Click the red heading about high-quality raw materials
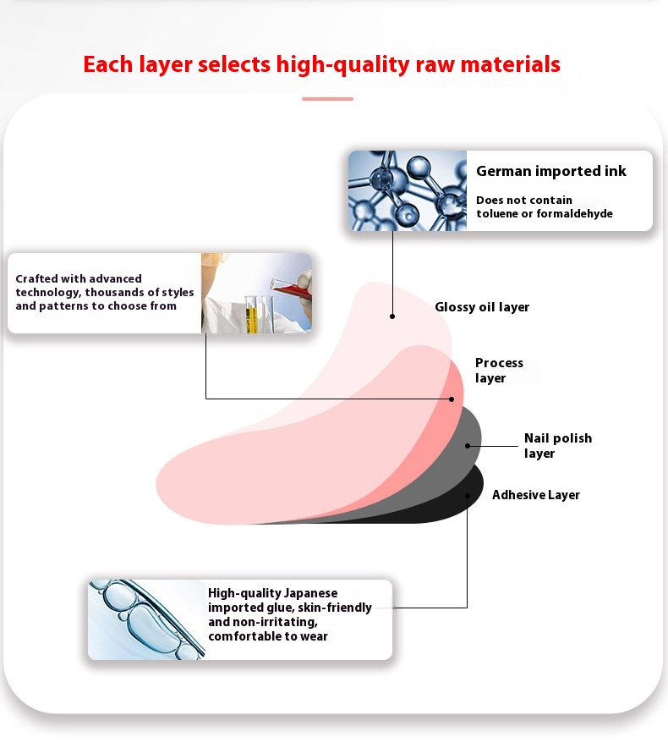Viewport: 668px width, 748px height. point(321,64)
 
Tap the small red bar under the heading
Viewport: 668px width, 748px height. point(327,99)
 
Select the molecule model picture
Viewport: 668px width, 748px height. point(408,190)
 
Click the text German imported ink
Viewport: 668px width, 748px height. point(550,171)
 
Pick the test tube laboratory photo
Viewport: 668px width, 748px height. point(256,293)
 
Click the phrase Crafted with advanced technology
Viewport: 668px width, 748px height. point(79,278)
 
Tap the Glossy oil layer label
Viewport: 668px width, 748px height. point(482,307)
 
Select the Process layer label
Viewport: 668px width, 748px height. point(499,371)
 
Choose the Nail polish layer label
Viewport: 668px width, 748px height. point(557,445)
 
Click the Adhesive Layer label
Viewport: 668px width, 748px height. point(535,495)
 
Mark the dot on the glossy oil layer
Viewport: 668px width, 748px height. point(392,316)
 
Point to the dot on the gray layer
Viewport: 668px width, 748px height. point(468,444)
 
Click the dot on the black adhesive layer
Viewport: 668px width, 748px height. point(468,495)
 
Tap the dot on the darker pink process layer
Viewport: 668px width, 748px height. point(452,399)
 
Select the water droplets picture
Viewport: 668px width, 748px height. point(146,619)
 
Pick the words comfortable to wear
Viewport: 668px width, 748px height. point(267,636)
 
